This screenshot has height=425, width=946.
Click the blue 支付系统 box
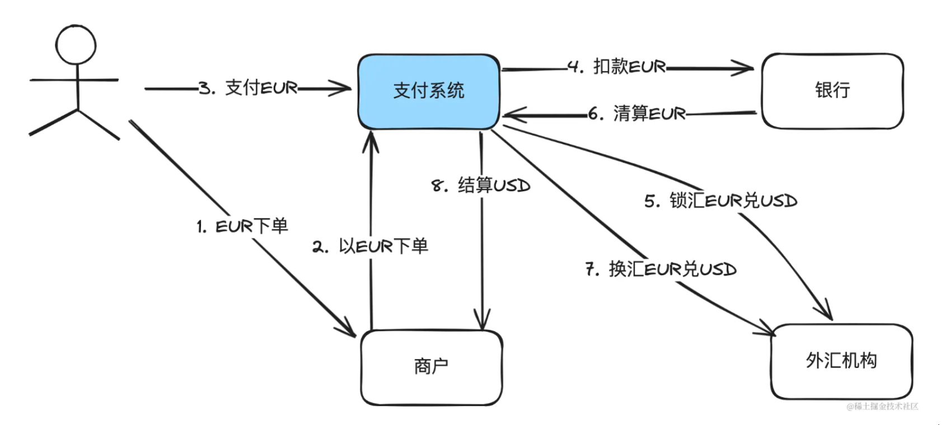click(x=428, y=91)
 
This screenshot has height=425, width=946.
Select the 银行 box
click(x=832, y=91)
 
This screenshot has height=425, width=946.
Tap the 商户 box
click(x=431, y=367)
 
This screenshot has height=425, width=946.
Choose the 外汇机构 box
click(x=841, y=361)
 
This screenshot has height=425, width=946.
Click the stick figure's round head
click(x=76, y=44)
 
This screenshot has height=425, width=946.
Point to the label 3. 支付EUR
click(x=249, y=88)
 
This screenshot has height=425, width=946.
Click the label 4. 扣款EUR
click(x=617, y=67)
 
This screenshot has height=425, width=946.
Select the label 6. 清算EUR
click(x=637, y=114)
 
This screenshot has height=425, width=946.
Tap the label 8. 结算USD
click(x=480, y=185)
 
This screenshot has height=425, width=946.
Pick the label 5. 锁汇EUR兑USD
click(x=720, y=200)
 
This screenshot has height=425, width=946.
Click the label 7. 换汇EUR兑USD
click(x=661, y=269)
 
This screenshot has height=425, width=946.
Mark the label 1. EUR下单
click(x=242, y=226)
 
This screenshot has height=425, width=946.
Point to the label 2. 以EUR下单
click(x=370, y=246)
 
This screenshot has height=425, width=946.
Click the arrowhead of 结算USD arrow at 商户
click(x=482, y=323)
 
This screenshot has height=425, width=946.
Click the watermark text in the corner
click(x=882, y=407)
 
